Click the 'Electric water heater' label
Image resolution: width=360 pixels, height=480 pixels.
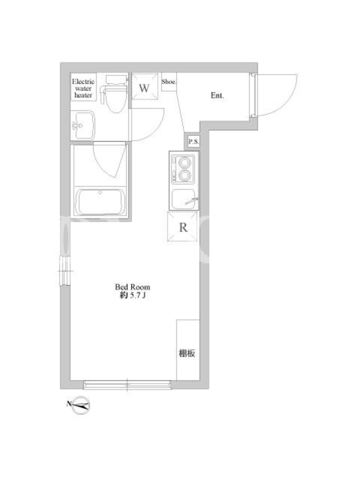[83, 88]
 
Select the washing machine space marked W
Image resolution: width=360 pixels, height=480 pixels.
[145, 86]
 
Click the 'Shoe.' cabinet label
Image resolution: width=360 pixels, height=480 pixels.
[169, 82]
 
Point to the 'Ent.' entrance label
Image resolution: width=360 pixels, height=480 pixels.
[217, 95]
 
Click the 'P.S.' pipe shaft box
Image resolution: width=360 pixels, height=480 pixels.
[193, 142]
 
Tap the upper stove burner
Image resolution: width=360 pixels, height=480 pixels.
[185, 163]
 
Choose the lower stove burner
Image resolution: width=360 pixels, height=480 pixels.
[185, 175]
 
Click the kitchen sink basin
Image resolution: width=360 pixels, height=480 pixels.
[184, 199]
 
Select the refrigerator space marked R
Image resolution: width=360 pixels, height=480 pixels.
[182, 227]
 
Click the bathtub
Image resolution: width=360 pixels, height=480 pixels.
[100, 202]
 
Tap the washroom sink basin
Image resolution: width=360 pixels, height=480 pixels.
[83, 125]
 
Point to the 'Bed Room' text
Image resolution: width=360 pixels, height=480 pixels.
[133, 287]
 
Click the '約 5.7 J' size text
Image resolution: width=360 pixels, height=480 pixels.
[132, 296]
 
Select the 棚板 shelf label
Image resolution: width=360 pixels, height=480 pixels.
[187, 353]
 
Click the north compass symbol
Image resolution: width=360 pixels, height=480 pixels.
[81, 406]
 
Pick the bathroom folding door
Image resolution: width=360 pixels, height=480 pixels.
[110, 160]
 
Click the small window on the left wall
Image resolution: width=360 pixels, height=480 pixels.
[65, 271]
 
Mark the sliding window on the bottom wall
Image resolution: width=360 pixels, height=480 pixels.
[127, 385]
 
